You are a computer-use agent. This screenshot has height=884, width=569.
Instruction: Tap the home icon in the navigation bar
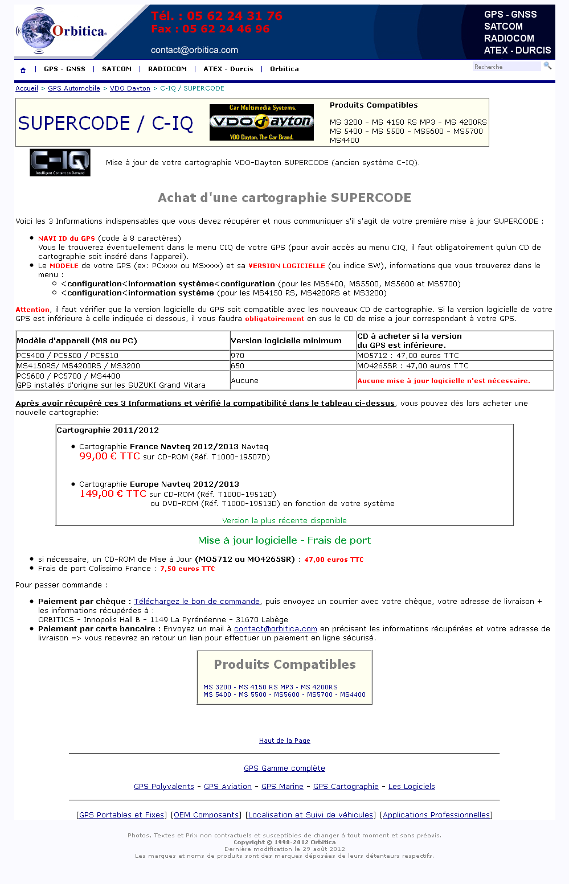[23, 70]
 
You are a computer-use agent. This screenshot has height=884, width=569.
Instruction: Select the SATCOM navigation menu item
[117, 69]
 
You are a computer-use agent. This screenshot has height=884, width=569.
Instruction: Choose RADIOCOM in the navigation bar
[167, 69]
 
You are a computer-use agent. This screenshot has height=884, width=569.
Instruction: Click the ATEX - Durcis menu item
[228, 69]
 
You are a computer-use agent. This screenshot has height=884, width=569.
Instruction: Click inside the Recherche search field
[506, 67]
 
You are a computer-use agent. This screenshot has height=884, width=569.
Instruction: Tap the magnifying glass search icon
[547, 66]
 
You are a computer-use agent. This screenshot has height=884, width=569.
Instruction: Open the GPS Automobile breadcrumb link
[74, 88]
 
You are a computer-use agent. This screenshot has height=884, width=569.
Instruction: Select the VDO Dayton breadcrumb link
[130, 88]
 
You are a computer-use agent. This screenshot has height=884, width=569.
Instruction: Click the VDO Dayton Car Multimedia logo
[261, 122]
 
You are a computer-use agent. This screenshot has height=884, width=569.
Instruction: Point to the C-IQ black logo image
[60, 163]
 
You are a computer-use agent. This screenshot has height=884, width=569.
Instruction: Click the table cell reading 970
[238, 356]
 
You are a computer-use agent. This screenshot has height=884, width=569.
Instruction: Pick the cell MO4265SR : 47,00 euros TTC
[413, 366]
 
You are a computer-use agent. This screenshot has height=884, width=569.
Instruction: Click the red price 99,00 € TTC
[109, 456]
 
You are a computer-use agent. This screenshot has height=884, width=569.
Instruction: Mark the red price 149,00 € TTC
[113, 494]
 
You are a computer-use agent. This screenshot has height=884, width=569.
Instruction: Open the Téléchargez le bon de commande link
[197, 601]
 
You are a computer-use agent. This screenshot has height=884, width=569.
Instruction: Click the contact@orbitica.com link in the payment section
[276, 628]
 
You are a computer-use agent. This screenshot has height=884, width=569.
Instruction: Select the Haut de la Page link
[285, 741]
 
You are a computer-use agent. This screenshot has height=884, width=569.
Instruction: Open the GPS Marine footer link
[283, 786]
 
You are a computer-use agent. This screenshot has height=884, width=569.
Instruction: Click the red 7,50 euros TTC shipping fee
[187, 569]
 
